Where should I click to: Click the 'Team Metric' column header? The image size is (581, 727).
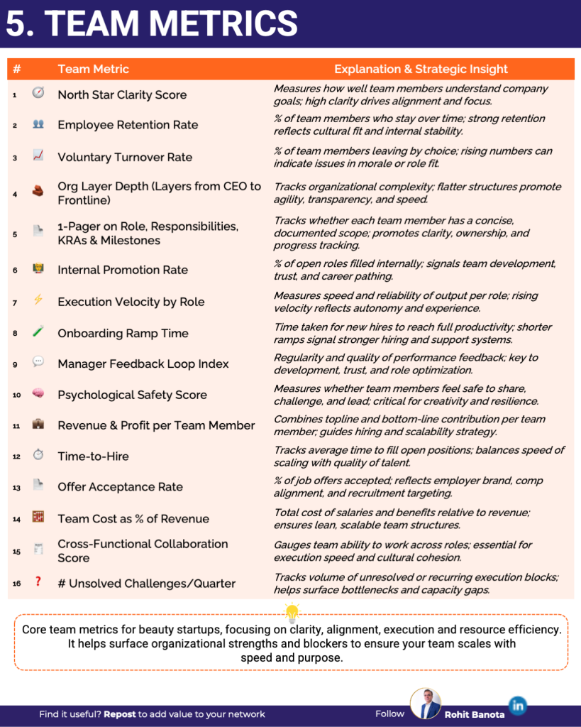tap(93, 69)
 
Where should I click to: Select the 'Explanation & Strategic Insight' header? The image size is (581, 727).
tap(421, 69)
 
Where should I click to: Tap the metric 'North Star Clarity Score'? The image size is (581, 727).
tap(122, 94)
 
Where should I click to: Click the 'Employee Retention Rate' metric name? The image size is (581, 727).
tap(128, 125)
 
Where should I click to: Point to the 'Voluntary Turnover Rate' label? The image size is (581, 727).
tap(125, 157)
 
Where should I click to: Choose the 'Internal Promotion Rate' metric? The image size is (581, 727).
tap(123, 270)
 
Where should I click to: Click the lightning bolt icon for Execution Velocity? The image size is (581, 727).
tap(38, 300)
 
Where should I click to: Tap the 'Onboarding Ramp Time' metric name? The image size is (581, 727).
tap(123, 333)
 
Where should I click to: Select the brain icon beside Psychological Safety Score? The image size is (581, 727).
tap(38, 394)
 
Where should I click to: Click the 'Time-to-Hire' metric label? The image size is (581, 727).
tap(93, 456)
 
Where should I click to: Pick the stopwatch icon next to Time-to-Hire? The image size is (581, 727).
tap(38, 455)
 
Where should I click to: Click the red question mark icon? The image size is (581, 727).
tap(38, 582)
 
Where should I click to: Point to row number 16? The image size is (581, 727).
tap(16, 584)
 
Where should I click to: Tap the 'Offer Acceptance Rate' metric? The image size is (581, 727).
tap(120, 487)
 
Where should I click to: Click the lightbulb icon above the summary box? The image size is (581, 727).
tap(291, 612)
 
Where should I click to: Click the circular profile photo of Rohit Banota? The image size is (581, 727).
tap(426, 704)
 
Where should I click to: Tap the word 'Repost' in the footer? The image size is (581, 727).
tap(119, 714)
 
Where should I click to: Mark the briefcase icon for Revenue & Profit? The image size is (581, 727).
tap(38, 425)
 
